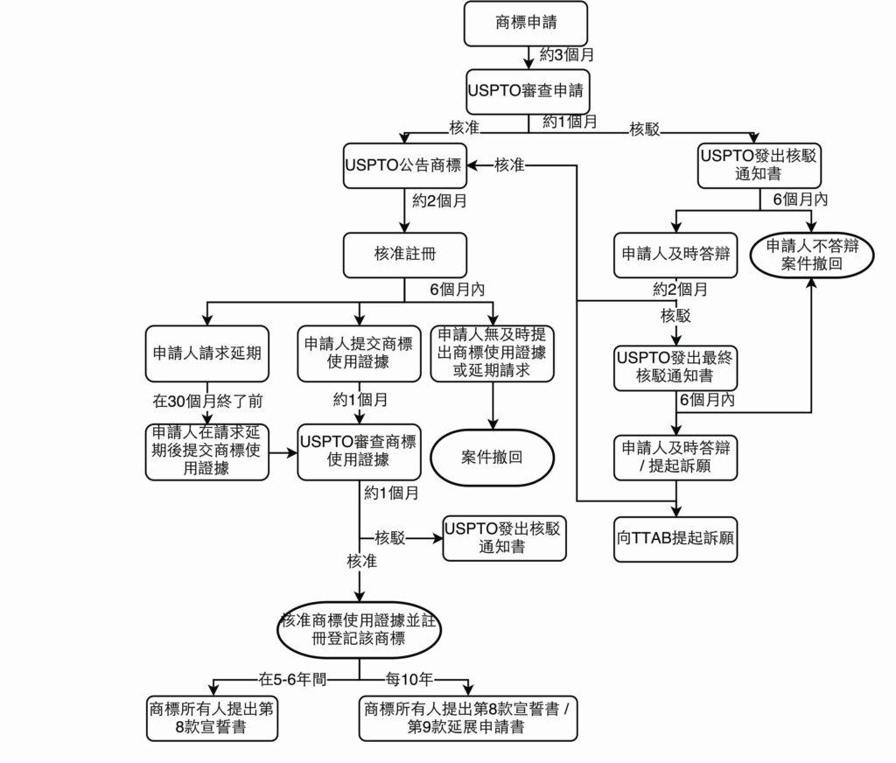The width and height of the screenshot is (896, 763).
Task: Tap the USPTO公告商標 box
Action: pyautogui.click(x=403, y=164)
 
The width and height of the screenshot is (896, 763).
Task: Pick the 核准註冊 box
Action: pyautogui.click(x=403, y=255)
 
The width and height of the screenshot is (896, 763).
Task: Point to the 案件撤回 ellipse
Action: pyautogui.click(x=492, y=457)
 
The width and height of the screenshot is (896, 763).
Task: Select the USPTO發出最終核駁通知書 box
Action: pyautogui.click(x=675, y=367)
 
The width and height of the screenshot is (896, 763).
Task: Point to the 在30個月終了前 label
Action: pyautogui.click(x=207, y=402)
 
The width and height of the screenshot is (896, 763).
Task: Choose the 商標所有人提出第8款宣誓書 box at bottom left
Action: pyautogui.click(x=212, y=717)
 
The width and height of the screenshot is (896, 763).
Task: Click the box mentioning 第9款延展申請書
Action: pyautogui.click(x=467, y=717)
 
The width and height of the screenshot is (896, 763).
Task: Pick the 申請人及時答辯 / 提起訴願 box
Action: pyautogui.click(x=675, y=458)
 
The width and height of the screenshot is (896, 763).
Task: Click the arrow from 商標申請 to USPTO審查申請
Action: pyautogui.click(x=528, y=57)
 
